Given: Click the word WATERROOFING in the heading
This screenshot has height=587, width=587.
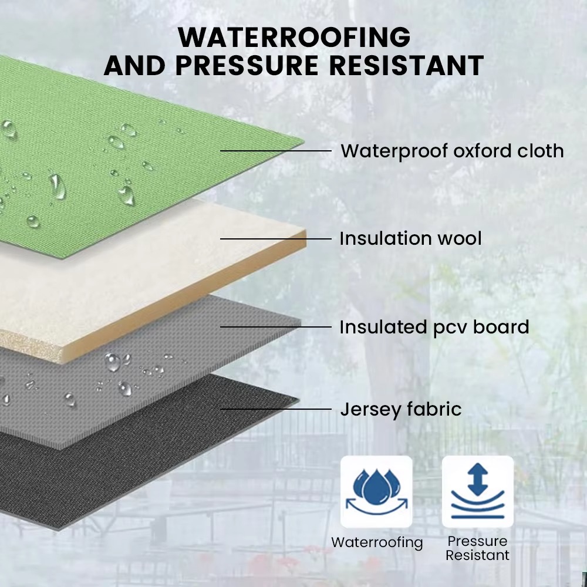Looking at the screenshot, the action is click(294, 37).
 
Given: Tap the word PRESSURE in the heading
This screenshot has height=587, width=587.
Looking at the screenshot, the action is click(247, 66).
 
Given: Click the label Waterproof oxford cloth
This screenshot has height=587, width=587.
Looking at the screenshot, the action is click(452, 151).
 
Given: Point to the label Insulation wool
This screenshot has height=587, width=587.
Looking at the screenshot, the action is click(410, 238).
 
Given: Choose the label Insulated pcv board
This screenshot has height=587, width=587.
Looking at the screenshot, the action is click(434, 327).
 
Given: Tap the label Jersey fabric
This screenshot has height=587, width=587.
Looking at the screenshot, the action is click(400, 409).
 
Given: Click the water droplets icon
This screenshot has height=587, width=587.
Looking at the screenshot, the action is click(376, 491).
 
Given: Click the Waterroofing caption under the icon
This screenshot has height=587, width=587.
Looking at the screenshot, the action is click(377, 542).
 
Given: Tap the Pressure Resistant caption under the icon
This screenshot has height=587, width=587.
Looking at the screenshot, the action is click(477, 548).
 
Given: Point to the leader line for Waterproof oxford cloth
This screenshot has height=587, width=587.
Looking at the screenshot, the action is click(276, 151).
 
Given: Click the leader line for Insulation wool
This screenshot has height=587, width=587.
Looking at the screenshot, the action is click(276, 238).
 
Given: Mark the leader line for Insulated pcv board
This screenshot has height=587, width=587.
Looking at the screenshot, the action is click(276, 327).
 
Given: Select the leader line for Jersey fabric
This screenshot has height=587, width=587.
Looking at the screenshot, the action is click(276, 409).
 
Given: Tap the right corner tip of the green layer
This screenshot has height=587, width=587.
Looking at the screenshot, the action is click(303, 142).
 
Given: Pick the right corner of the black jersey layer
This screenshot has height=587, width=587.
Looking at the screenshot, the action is click(299, 400).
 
